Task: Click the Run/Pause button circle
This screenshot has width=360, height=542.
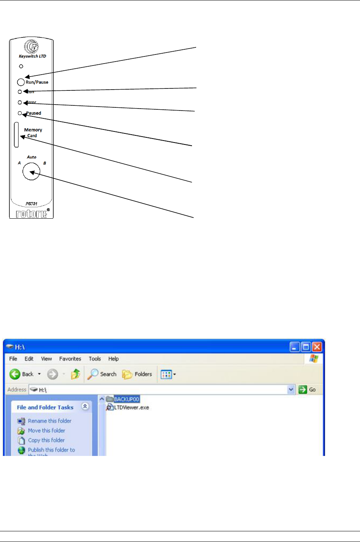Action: click(21, 82)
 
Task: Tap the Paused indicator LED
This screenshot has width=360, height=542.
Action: click(20, 113)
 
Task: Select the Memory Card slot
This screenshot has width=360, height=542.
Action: click(16, 135)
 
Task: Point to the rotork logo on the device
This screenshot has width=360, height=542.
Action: click(32, 214)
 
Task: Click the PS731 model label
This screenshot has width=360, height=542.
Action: click(31, 204)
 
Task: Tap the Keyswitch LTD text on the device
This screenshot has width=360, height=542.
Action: click(32, 56)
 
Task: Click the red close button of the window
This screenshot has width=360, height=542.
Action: click(317, 347)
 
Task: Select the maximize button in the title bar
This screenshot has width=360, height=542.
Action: click(306, 347)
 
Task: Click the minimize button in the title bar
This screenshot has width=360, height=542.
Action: click(295, 347)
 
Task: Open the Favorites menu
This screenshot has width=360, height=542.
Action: click(70, 359)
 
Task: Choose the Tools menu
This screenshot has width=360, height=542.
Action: click(95, 359)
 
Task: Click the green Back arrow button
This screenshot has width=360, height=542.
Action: click(15, 374)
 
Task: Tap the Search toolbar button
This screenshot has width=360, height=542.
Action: click(102, 374)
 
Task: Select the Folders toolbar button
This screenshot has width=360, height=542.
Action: click(137, 374)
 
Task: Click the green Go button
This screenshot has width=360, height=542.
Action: click(308, 390)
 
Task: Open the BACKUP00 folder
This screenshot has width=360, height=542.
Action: click(126, 399)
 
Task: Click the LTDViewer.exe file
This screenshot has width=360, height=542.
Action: click(131, 407)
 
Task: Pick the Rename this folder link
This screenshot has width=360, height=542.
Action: click(49, 421)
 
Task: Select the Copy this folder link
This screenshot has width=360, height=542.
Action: click(46, 440)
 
